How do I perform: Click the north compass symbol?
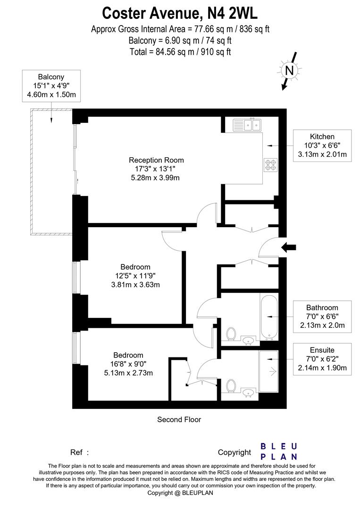click(x=289, y=71)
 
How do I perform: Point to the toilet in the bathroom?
click(x=231, y=334)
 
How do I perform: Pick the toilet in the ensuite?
click(x=231, y=386)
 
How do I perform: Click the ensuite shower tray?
click(x=269, y=371)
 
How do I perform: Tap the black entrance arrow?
click(x=289, y=246)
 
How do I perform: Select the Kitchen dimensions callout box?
click(x=322, y=145)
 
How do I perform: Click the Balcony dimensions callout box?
click(x=51, y=85)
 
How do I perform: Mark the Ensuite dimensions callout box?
click(x=322, y=359)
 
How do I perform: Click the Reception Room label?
click(x=156, y=160)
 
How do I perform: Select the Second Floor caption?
click(x=179, y=419)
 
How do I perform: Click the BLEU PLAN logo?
click(x=279, y=451)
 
